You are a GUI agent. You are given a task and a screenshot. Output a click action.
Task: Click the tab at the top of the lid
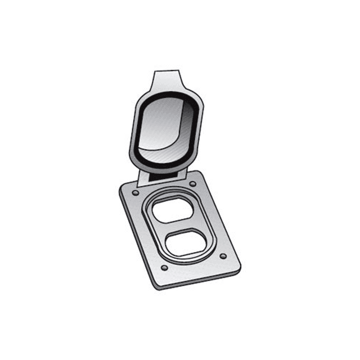point(166,78)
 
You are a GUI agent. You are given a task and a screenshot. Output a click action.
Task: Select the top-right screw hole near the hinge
point(192,183)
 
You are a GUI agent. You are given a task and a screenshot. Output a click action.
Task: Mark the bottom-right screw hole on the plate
point(223,256)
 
